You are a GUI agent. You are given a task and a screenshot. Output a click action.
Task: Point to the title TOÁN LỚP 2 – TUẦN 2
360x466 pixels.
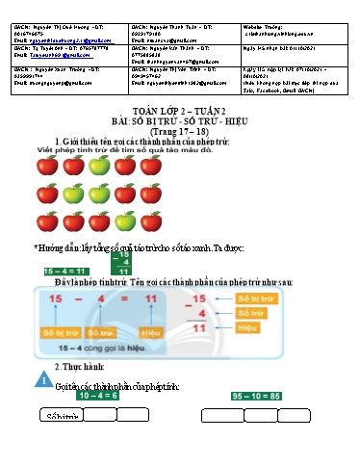tap(180, 112)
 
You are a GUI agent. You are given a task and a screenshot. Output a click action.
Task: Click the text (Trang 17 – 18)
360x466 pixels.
tap(180, 133)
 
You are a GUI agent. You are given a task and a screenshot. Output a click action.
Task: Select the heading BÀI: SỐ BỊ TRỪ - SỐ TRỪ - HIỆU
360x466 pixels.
tap(180, 122)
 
